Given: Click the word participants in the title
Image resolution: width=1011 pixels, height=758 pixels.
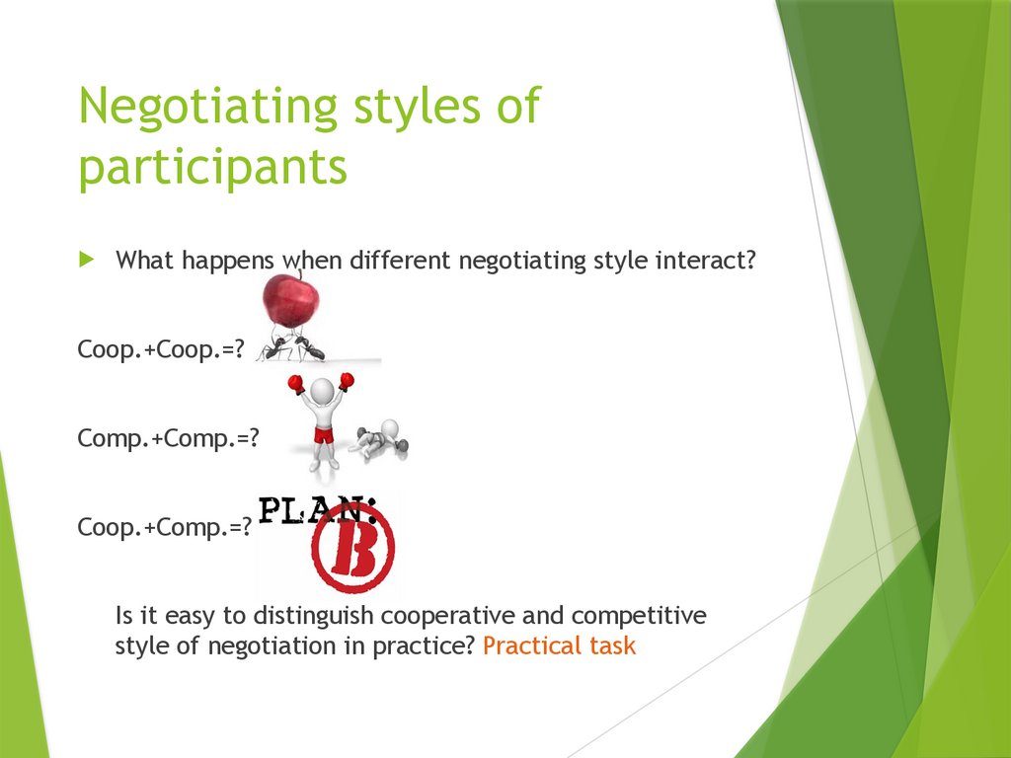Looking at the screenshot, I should pos(212,168).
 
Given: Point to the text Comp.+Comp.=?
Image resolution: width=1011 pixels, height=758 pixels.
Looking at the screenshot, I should pos(168,439).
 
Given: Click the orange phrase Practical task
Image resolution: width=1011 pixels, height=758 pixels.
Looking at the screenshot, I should pos(560,646).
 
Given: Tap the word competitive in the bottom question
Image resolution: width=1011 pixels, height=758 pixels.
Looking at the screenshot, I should pos(639,616).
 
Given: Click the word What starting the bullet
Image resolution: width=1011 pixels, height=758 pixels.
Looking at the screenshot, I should pos(146,262).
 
